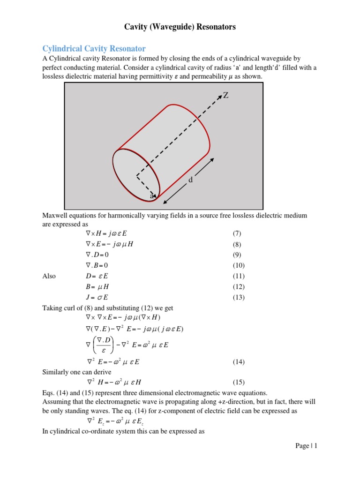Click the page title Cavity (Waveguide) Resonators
click(180, 27)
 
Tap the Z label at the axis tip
click(225, 95)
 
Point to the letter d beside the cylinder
click(191, 180)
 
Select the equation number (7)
click(238, 233)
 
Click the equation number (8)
click(238, 244)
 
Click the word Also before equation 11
click(49, 276)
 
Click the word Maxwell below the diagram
click(55, 216)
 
